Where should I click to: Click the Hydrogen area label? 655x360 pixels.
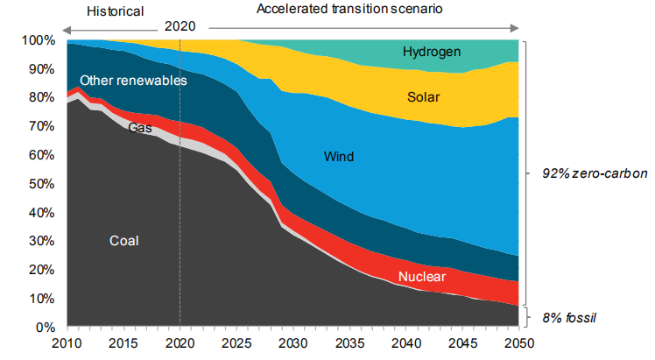click(x=432, y=52)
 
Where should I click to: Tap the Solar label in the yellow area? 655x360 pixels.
click(x=424, y=96)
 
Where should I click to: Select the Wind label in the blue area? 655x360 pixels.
click(x=341, y=158)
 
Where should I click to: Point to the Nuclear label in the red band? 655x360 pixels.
click(x=422, y=278)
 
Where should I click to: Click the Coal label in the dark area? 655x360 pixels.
click(x=124, y=241)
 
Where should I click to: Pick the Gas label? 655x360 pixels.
click(x=140, y=128)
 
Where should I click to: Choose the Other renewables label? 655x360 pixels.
click(x=133, y=81)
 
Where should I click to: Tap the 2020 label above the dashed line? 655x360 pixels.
click(x=180, y=26)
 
